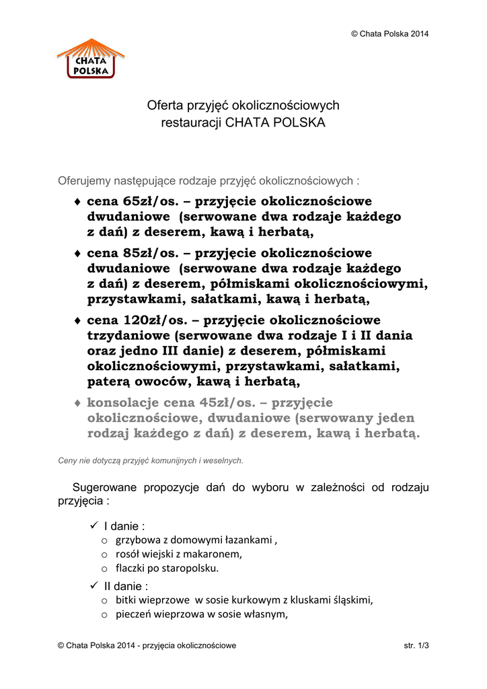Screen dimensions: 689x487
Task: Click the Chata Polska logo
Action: point(91,58)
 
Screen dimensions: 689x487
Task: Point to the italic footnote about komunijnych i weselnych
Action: point(151,461)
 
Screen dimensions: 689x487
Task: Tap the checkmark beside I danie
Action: point(93,525)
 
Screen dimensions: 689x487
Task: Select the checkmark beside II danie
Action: point(93,585)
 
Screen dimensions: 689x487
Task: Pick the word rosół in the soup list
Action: point(127,554)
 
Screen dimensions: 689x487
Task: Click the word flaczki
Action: point(131,568)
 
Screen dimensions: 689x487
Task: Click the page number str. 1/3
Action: point(416,646)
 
